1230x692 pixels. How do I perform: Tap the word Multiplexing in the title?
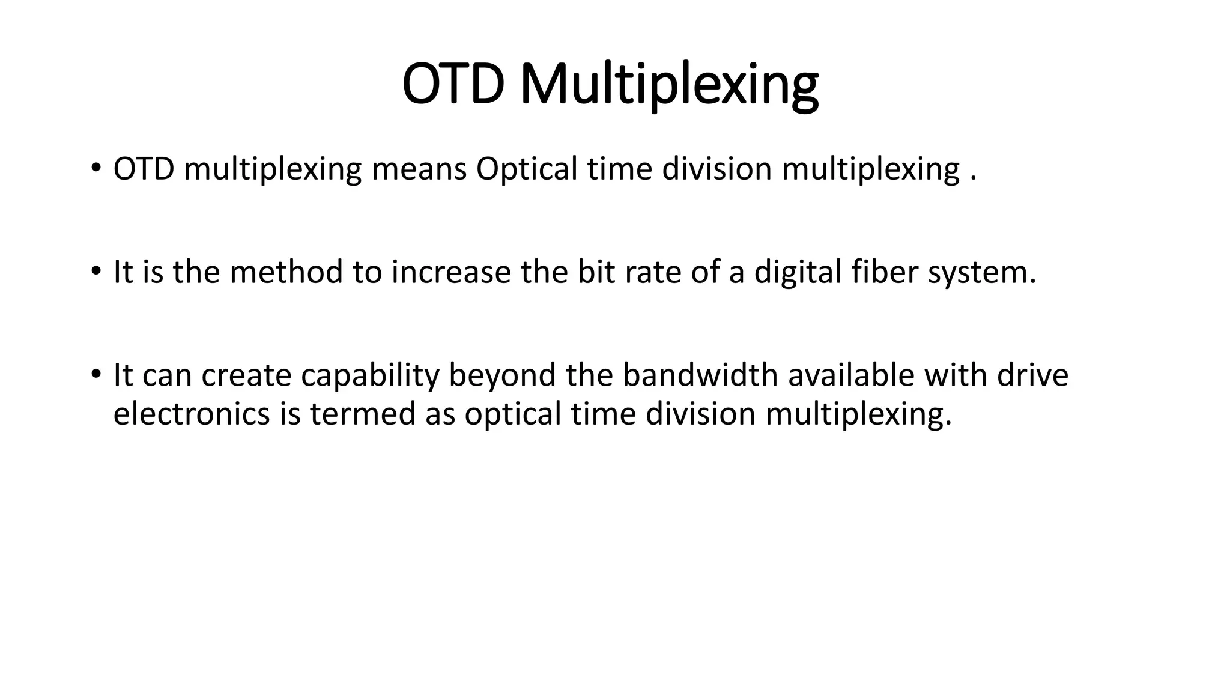coord(668,85)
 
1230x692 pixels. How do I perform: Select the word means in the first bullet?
coord(419,169)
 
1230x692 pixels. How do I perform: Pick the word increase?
coord(450,272)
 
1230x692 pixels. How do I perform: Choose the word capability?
coord(370,375)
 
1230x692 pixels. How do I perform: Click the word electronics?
coord(192,414)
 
